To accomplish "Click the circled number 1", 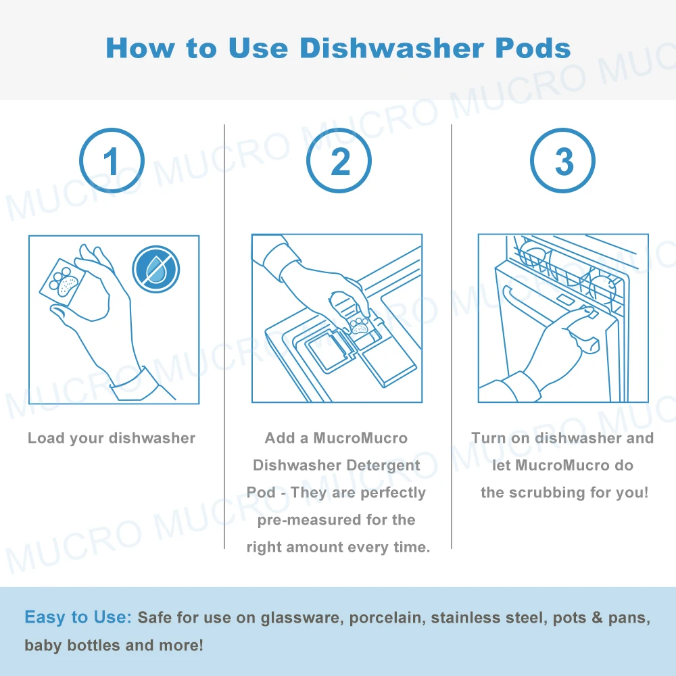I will point(112,161).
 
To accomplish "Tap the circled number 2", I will point(339,161).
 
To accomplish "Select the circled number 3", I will point(563,161).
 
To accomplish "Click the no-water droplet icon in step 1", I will point(155,268).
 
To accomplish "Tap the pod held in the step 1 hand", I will point(64,281).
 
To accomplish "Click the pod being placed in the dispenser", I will point(360,324).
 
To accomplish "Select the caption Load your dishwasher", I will point(112,438).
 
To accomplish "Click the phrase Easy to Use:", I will point(78,617).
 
